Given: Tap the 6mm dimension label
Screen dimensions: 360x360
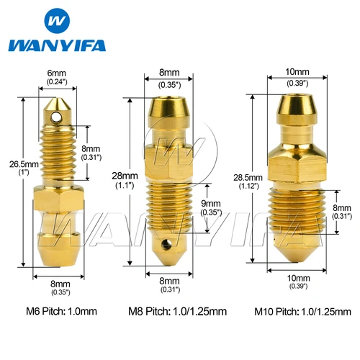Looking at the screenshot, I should pyautogui.click(x=56, y=73).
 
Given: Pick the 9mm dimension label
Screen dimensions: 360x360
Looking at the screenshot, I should pyautogui.click(x=213, y=204).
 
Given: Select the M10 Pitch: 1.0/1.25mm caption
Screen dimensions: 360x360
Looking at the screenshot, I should pyautogui.click(x=297, y=312).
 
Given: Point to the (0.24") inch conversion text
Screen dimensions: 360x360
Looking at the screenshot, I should pyautogui.click(x=56, y=83).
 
